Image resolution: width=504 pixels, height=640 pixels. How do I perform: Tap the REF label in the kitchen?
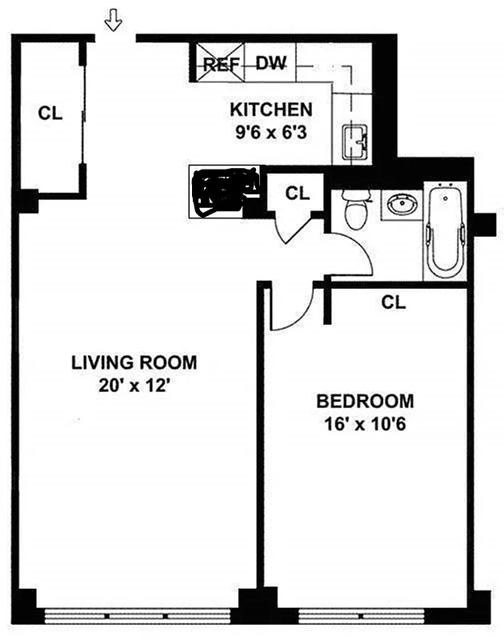[x=220, y=65]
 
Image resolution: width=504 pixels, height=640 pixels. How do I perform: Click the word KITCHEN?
[x=271, y=110]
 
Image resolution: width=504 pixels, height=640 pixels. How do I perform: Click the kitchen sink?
[x=354, y=142]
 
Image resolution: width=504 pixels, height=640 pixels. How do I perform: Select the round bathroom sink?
[x=398, y=206]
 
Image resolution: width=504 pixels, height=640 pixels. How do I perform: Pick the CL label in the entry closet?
[x=50, y=114]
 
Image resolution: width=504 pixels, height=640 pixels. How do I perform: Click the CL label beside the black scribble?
[x=298, y=193]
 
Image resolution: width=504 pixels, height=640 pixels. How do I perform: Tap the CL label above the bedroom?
[x=393, y=302]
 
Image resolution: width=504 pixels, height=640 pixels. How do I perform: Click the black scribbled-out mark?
[x=225, y=192]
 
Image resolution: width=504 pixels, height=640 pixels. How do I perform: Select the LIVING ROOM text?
[x=134, y=362]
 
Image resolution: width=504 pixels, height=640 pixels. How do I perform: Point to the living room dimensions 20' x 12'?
[x=134, y=384]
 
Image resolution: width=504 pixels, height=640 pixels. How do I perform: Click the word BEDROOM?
[x=365, y=401]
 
